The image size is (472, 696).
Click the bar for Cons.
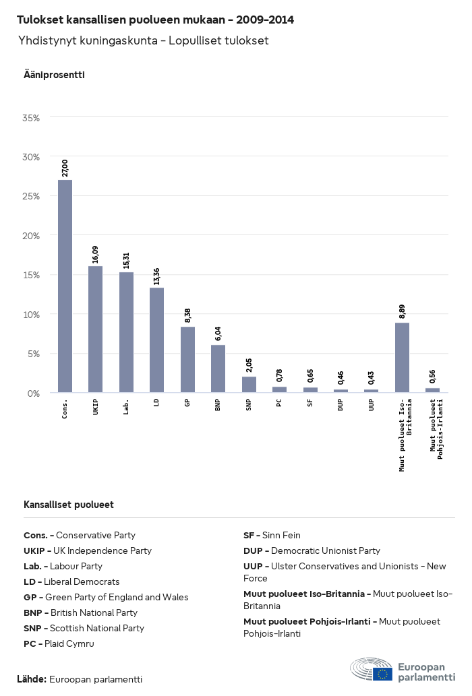(x=65, y=286)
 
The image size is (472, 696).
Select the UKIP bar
(x=96, y=329)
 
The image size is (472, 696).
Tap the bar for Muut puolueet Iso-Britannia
(x=403, y=358)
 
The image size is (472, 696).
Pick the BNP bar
(x=218, y=369)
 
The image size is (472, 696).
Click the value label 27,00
(x=65, y=168)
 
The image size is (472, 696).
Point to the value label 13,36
(x=157, y=276)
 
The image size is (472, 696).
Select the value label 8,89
(x=403, y=311)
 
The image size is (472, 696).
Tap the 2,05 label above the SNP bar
(x=249, y=365)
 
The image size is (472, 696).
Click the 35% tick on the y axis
(x=31, y=118)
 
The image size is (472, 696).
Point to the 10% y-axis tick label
(x=31, y=315)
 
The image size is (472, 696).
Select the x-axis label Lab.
(x=127, y=407)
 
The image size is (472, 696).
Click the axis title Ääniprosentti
(x=54, y=75)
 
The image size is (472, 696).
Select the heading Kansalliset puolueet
(x=68, y=505)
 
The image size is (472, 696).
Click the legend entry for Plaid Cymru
(x=59, y=643)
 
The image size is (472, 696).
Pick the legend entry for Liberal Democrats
(x=71, y=581)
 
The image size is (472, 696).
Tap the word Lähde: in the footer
(x=32, y=679)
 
